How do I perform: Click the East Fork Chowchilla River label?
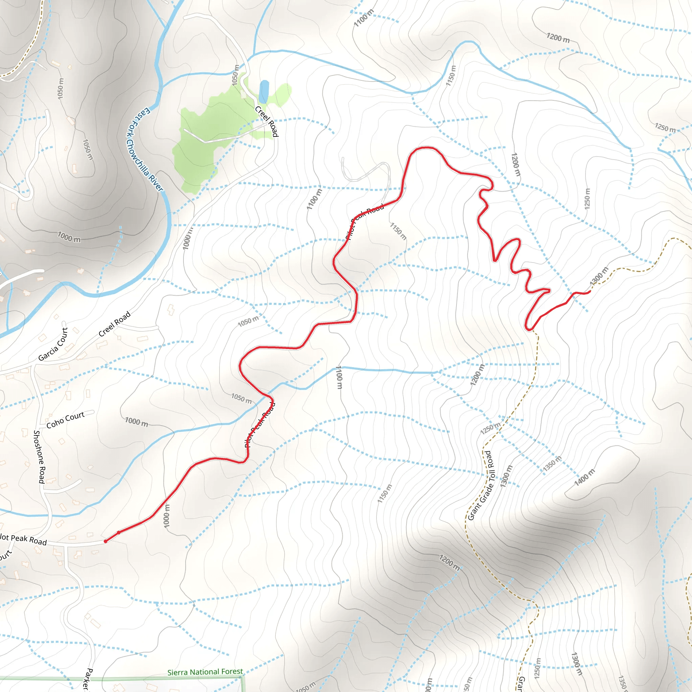coord(145,149)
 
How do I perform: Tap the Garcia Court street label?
coord(53,344)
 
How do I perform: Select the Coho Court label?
coord(66,419)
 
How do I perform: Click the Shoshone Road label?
coord(39,457)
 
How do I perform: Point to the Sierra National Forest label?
coord(205,672)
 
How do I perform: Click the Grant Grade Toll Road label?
coord(481,486)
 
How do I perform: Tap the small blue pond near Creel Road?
coord(264,91)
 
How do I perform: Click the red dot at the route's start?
coord(105,541)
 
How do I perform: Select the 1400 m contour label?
coord(584,477)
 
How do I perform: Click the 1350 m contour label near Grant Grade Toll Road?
coord(552,464)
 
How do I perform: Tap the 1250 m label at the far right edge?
coord(665,127)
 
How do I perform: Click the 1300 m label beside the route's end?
coord(599,275)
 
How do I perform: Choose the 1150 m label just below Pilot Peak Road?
coord(398,231)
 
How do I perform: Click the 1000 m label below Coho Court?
coord(137,422)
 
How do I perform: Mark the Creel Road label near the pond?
coord(267,121)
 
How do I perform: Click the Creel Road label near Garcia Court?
coord(115,324)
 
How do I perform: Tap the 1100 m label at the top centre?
coord(364,18)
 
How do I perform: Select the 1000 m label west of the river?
coord(69,237)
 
